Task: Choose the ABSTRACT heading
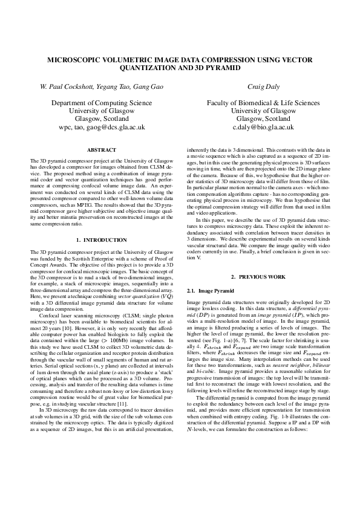click(101, 149)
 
